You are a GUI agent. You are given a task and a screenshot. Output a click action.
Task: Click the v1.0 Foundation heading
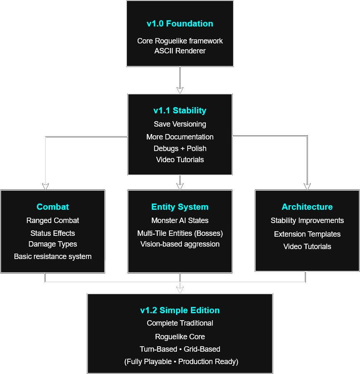click(180, 24)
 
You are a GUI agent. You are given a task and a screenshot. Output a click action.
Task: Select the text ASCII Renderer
click(180, 51)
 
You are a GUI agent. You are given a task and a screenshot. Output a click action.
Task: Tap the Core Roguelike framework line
click(180, 41)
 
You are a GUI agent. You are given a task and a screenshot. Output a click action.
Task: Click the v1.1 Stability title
click(180, 110)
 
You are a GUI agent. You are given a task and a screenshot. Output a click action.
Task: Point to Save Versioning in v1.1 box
click(180, 124)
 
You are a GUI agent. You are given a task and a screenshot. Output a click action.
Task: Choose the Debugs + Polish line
click(180, 149)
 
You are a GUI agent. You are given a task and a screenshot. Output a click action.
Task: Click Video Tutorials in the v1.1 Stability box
click(180, 160)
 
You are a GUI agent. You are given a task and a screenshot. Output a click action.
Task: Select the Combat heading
click(52, 207)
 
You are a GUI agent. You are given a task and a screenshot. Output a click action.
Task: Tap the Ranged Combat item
click(52, 221)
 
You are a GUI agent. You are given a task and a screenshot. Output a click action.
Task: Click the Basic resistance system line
click(52, 257)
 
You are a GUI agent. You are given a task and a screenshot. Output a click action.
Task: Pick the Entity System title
click(180, 207)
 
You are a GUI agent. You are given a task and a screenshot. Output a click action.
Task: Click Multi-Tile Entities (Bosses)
click(180, 233)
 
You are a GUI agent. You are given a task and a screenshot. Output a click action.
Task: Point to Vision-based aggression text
click(180, 244)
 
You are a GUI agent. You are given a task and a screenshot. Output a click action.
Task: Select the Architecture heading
click(307, 207)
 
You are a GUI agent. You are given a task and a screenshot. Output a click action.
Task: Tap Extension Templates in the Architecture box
click(307, 234)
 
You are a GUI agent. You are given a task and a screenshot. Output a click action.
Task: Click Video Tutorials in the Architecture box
click(307, 247)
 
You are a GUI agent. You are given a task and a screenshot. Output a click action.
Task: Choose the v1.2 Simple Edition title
click(180, 310)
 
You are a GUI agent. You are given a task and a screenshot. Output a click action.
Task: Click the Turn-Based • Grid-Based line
click(180, 349)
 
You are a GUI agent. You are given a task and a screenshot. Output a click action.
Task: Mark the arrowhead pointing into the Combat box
click(45, 186)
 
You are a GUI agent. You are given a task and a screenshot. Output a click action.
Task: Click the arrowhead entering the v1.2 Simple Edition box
click(180, 290)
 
